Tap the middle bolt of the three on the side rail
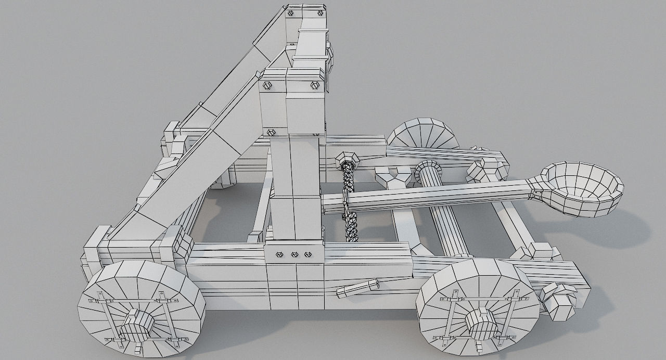(x=294, y=254)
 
